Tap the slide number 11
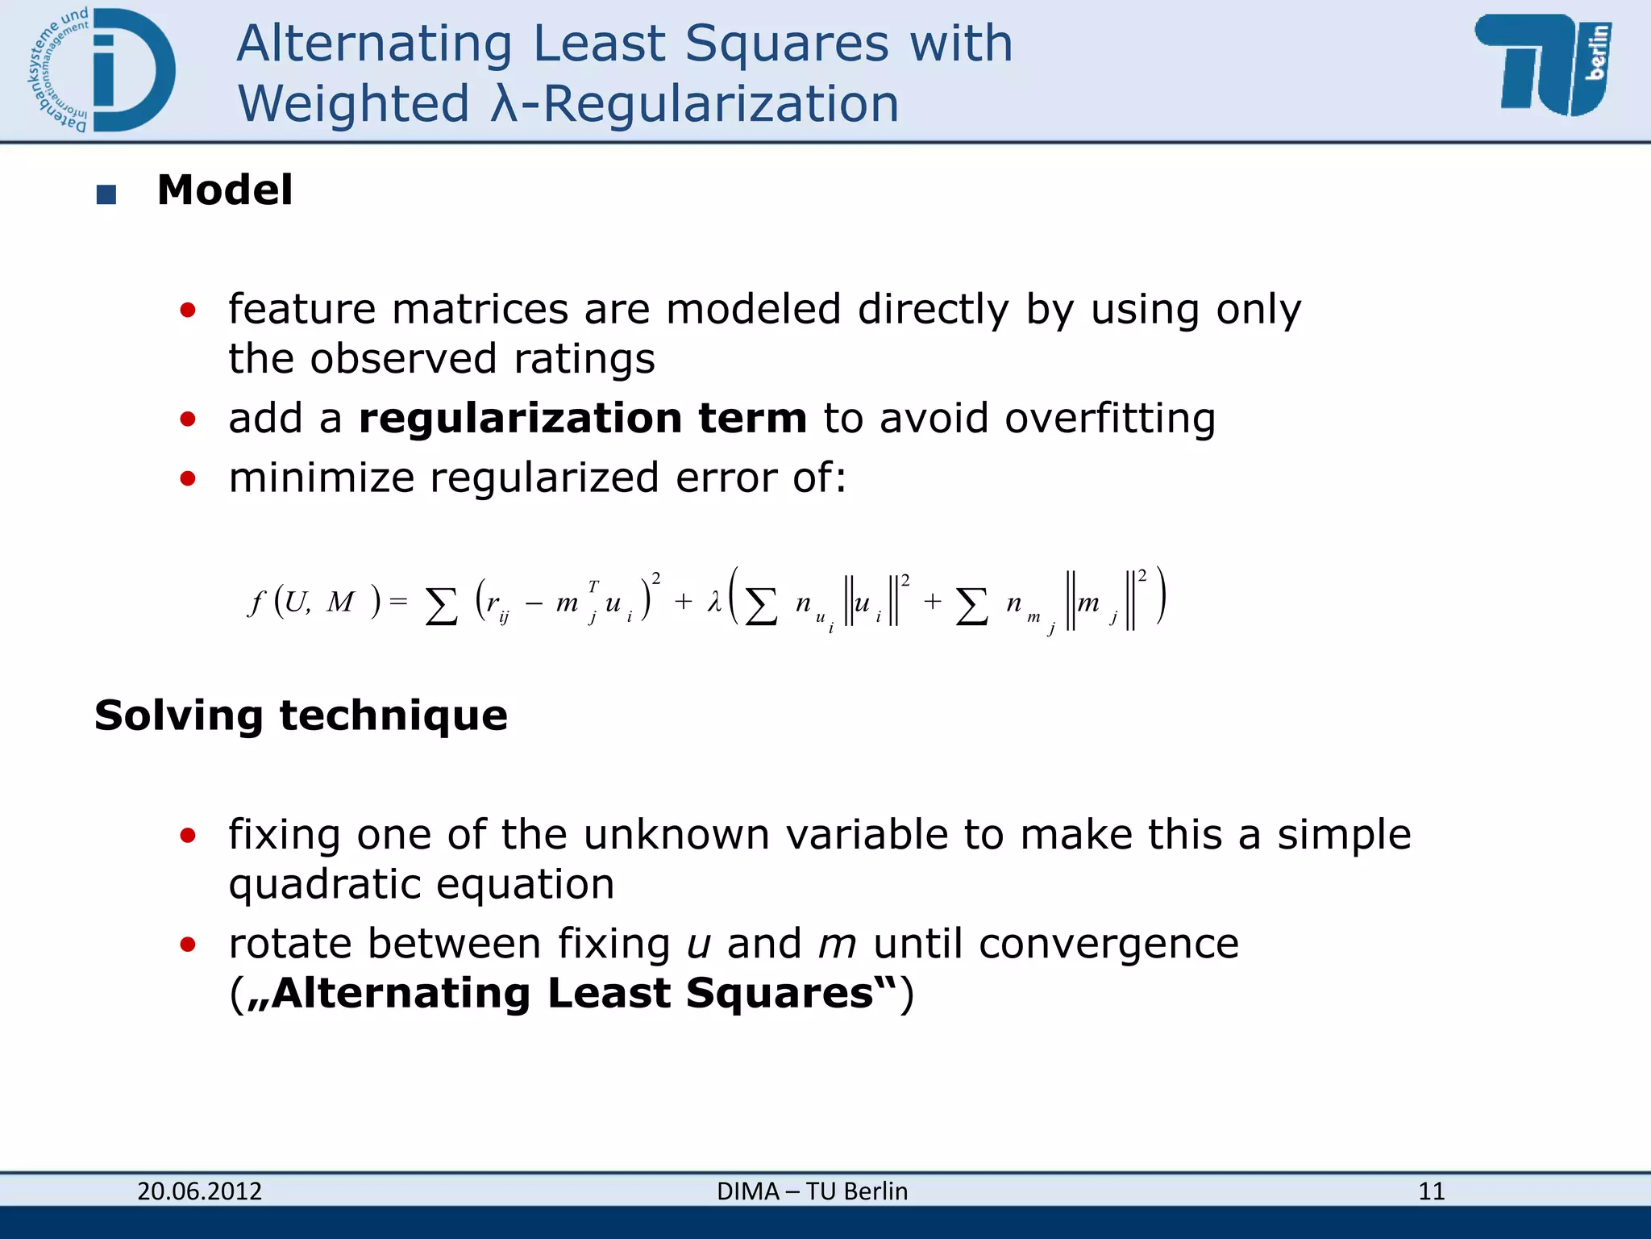[1431, 1191]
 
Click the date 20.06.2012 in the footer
[199, 1191]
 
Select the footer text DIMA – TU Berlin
[812, 1191]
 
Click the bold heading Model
[224, 190]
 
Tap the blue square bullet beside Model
[106, 194]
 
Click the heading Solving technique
[301, 715]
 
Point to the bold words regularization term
[582, 419]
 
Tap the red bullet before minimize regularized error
[188, 478]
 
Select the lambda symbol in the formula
[713, 602]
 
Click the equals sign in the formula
[398, 602]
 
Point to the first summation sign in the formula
[441, 605]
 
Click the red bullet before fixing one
[188, 835]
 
